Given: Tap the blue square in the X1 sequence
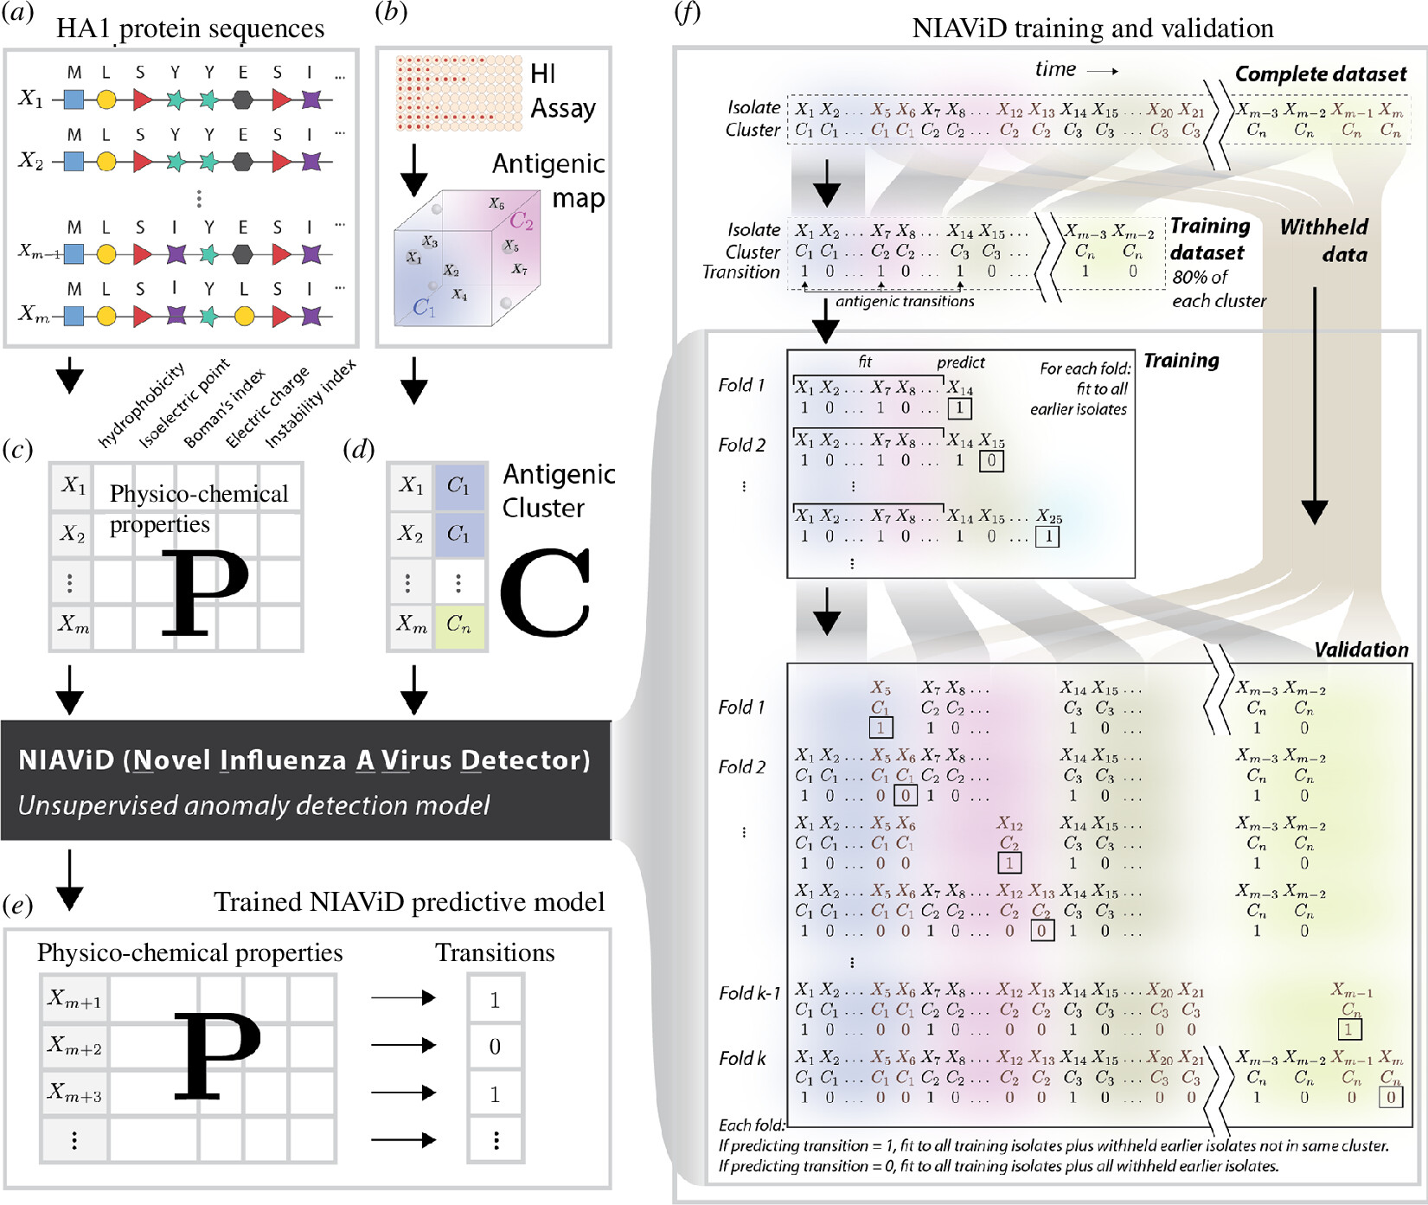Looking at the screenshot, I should coord(74,99).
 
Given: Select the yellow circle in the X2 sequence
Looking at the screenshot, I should coord(106,161).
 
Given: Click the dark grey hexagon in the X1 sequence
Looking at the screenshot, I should coord(243,99).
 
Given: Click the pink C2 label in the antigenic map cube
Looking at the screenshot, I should coord(522,221).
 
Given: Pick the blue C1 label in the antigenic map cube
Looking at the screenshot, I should coord(424,307).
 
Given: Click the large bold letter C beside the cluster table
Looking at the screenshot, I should coord(546,593).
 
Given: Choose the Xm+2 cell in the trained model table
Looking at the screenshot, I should coord(74,1047).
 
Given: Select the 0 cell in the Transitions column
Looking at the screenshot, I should coord(495,1047).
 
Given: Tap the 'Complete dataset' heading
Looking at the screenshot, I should coord(1321,74).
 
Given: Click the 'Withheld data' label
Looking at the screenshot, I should coord(1324,240).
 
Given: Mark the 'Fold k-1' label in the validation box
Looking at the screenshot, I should coord(749,993).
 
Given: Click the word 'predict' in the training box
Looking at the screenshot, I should coord(960,362).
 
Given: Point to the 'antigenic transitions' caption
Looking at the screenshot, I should coord(905,301).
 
